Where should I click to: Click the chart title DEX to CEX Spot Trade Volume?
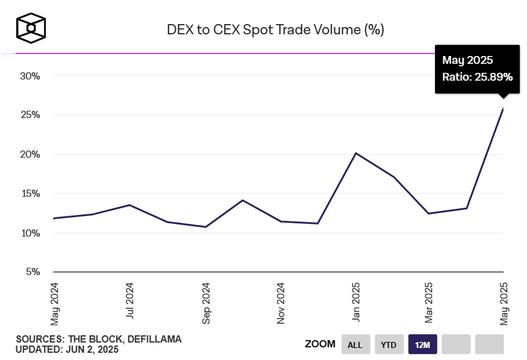coord(275,29)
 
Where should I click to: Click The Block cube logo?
coord(31,28)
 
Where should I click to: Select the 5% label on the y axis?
coord(32,272)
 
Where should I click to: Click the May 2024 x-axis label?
coord(55,303)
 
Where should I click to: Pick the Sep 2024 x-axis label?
coord(206,303)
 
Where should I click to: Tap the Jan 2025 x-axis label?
coord(356,303)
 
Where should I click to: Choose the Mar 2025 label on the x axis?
coord(429,303)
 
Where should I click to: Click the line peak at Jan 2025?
coord(356,153)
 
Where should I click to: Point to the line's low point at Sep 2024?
coord(206,227)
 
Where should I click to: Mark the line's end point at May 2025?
coord(504,108)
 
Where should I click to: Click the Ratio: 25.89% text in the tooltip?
coord(477,77)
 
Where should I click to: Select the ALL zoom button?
coord(355,345)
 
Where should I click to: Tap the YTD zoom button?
coord(389,345)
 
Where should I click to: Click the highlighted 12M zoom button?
coord(422,345)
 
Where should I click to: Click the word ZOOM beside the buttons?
coord(320,344)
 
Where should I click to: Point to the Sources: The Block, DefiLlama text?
coord(99,340)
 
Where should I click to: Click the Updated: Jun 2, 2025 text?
coord(67,350)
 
